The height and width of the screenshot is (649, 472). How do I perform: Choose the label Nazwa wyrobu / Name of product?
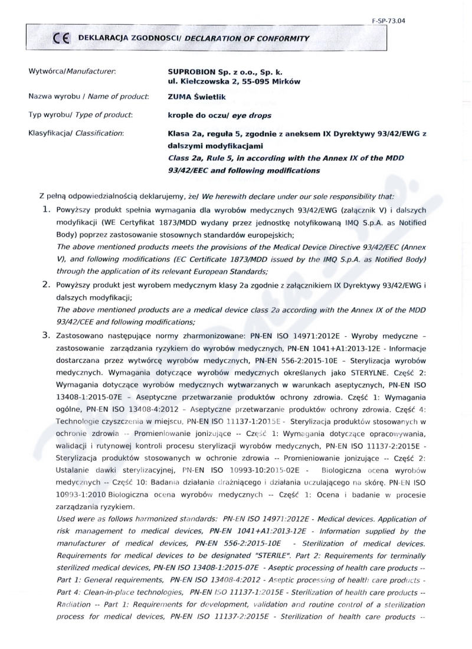(88, 96)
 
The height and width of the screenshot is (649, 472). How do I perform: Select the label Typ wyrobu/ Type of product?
(80, 115)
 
